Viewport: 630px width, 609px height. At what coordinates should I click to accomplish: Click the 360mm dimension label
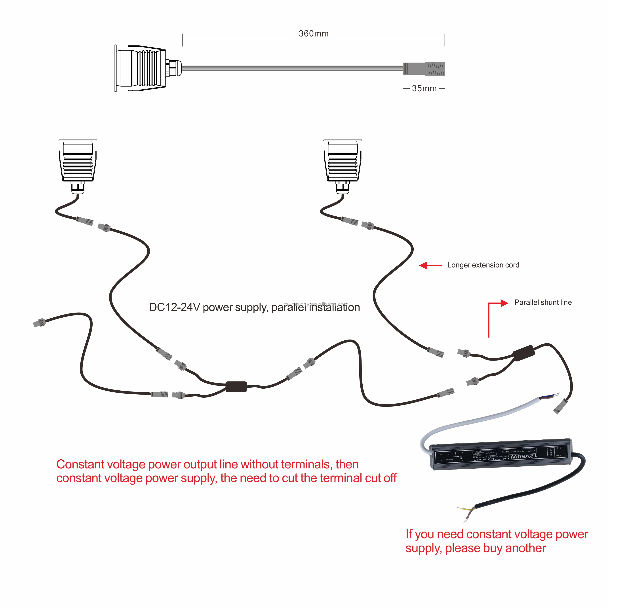(x=313, y=34)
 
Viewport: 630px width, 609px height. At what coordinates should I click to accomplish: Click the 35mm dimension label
(x=424, y=88)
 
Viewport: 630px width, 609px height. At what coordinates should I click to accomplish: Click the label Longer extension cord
(x=483, y=265)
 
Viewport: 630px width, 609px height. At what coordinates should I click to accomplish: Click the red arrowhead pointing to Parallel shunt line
(x=504, y=303)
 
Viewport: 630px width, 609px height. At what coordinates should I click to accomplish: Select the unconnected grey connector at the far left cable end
(x=39, y=323)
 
